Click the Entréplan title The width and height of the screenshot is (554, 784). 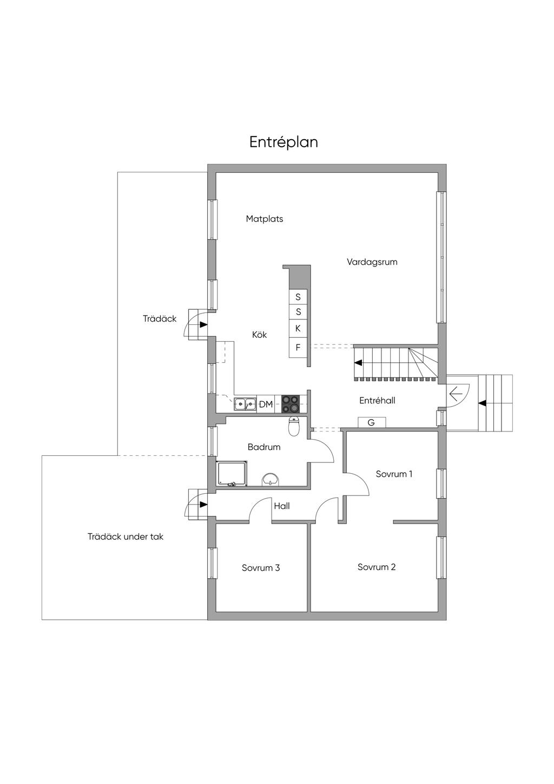(283, 142)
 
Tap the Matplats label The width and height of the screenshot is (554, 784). (265, 219)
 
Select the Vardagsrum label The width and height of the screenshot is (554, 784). (372, 262)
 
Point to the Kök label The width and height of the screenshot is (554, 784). (260, 335)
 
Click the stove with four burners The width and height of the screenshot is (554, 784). (291, 404)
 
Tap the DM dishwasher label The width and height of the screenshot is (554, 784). (266, 404)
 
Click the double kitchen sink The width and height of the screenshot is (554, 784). (246, 404)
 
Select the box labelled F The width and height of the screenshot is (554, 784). (298, 348)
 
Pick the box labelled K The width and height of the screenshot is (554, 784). (298, 329)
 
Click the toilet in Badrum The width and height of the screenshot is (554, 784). (294, 427)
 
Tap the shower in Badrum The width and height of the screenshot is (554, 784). (233, 474)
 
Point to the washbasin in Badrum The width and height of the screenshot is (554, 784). (271, 480)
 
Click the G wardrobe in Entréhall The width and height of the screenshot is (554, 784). (372, 422)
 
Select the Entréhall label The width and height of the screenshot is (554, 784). (378, 401)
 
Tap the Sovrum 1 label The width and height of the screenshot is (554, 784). (394, 474)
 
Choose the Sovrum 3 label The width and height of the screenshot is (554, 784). (261, 568)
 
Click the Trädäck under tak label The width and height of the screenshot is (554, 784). (126, 537)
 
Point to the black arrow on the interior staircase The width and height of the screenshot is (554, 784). (358, 363)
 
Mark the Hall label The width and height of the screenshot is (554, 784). (282, 506)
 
